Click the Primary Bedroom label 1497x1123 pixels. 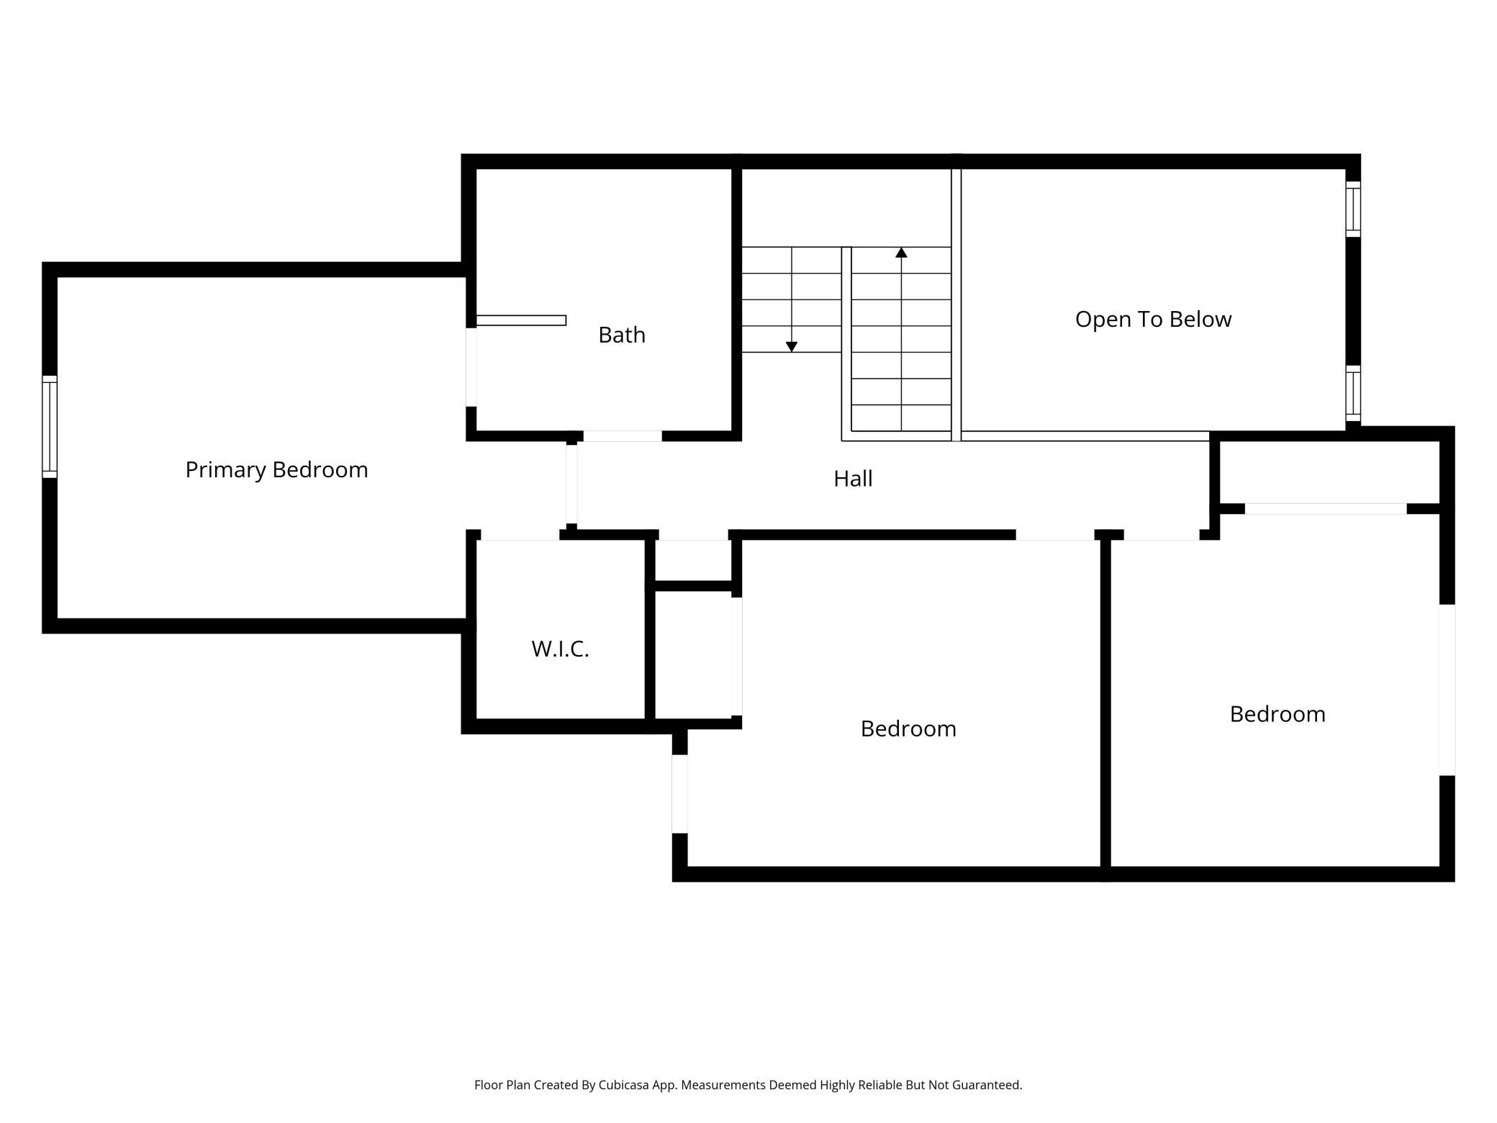tap(276, 469)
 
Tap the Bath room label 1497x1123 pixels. tap(621, 335)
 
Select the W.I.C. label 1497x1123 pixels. tap(560, 649)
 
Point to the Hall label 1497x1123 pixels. tap(853, 479)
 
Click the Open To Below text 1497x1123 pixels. tap(1153, 319)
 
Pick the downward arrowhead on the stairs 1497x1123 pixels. tap(792, 347)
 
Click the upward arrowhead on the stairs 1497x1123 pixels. tap(901, 253)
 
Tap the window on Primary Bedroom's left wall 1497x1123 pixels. tap(50, 426)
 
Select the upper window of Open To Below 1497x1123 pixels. tap(1353, 209)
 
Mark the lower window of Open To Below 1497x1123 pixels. tap(1353, 394)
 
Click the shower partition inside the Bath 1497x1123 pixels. tap(521, 320)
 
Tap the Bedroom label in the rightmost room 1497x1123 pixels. tap(1277, 714)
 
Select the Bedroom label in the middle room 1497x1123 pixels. tap(908, 729)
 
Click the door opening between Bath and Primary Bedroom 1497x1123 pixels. tap(471, 367)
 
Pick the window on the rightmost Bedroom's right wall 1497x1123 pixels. tap(1447, 690)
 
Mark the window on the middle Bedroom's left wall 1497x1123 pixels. tap(679, 794)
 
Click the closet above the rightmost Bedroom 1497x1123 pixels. tap(1328, 472)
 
